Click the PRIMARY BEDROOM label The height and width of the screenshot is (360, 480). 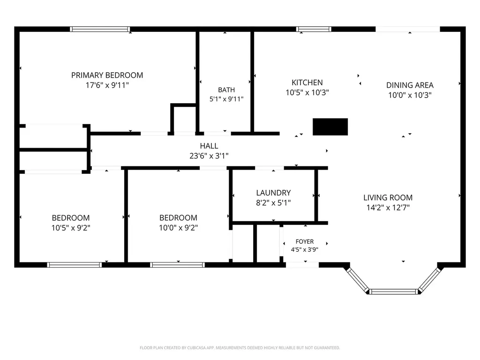107,75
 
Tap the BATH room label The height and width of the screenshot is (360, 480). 226,90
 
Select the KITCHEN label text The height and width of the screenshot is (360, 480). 307,82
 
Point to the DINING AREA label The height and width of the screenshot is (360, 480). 410,85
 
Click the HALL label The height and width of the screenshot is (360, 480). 209,146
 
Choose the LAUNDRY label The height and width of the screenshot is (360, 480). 273,193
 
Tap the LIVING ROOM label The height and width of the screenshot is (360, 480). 388,198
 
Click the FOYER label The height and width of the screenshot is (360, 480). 305,241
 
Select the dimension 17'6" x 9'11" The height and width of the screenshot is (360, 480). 107,85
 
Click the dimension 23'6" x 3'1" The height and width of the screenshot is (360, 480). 209,156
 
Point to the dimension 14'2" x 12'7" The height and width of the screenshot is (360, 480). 388,208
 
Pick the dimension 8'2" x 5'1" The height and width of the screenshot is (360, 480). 273,202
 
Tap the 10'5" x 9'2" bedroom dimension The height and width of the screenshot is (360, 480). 71,228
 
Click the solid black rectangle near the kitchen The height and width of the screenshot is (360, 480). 330,127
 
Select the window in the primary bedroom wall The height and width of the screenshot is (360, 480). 100,29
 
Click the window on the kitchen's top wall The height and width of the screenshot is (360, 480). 314,29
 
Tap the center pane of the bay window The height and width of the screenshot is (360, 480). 393,292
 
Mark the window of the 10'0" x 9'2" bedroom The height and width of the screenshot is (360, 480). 178,265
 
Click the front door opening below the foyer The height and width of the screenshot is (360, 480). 302,265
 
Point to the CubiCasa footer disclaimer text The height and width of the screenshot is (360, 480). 240,348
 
